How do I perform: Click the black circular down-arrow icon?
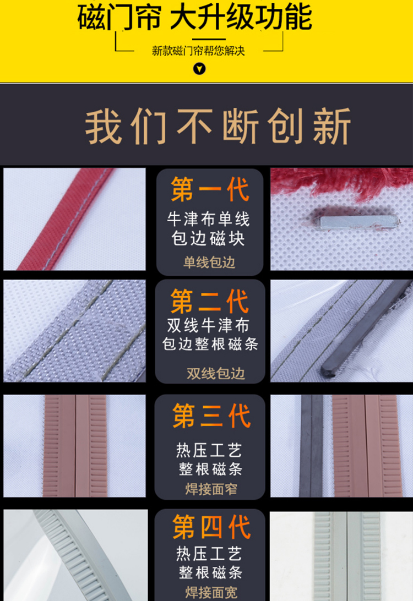[199, 69]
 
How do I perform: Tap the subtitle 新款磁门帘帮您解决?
[198, 51]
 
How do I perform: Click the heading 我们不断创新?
[218, 126]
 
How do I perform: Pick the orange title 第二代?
[210, 301]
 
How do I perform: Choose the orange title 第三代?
[211, 416]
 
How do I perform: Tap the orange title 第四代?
[211, 527]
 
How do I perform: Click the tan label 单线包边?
[209, 263]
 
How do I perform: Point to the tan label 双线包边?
[216, 373]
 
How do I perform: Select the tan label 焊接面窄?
[211, 489]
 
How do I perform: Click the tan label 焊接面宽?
[211, 593]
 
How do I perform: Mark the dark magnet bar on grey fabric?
[366, 327]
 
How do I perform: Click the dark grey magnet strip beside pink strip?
[311, 446]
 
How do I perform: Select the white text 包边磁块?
[208, 238]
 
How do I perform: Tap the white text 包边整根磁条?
[210, 344]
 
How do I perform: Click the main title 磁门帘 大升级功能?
[195, 17]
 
